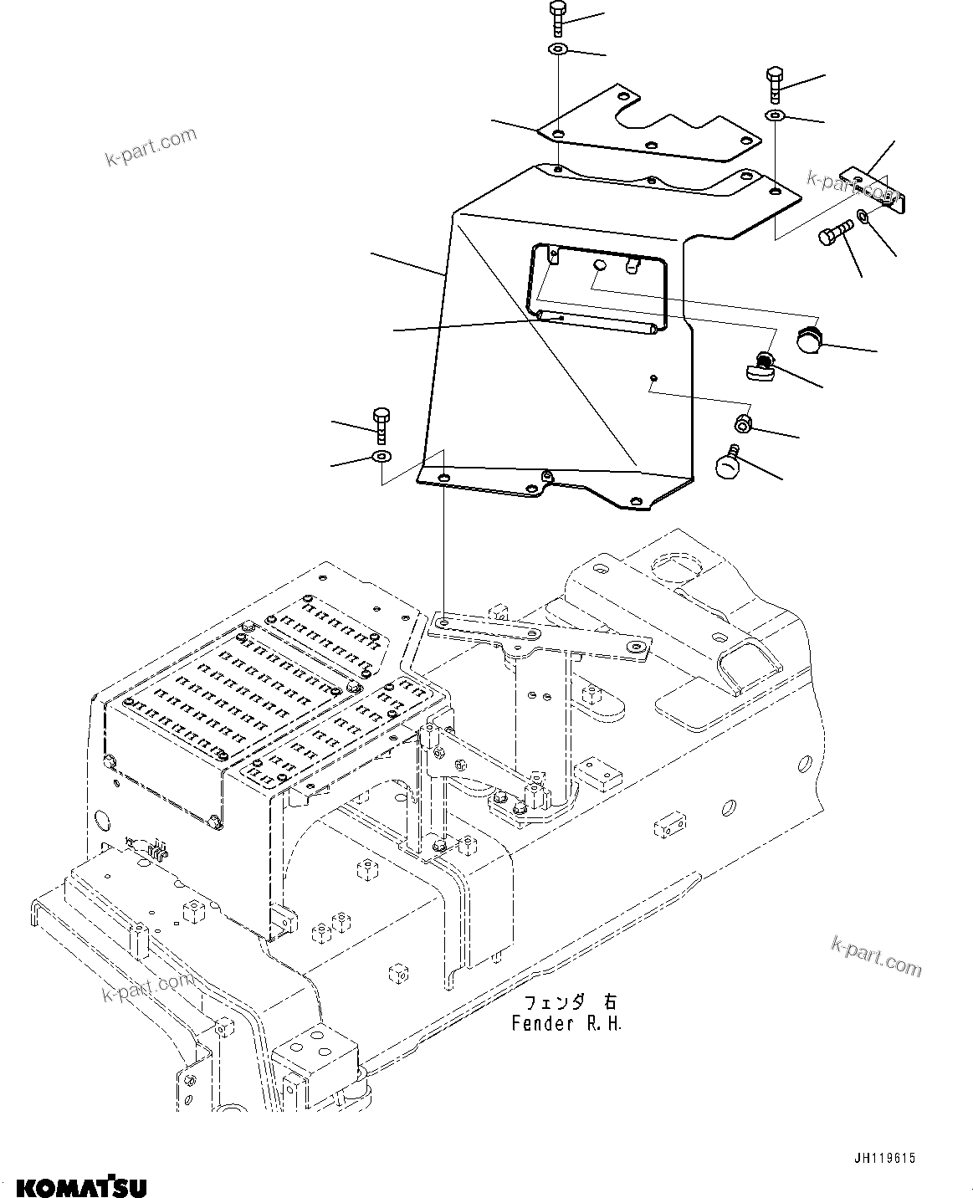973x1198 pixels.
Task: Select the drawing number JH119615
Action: tap(884, 1159)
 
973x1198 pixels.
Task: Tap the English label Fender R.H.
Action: tap(567, 1023)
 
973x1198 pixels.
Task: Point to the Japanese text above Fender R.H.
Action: tap(569, 1002)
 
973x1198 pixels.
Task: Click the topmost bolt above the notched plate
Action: tap(558, 18)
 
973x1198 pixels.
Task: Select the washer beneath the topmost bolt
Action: tap(558, 50)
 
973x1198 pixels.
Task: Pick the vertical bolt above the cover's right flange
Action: tap(774, 84)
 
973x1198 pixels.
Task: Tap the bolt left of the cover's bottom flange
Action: tap(381, 424)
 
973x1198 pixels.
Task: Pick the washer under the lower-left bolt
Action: tap(382, 457)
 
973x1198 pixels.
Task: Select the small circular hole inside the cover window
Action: tap(599, 264)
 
